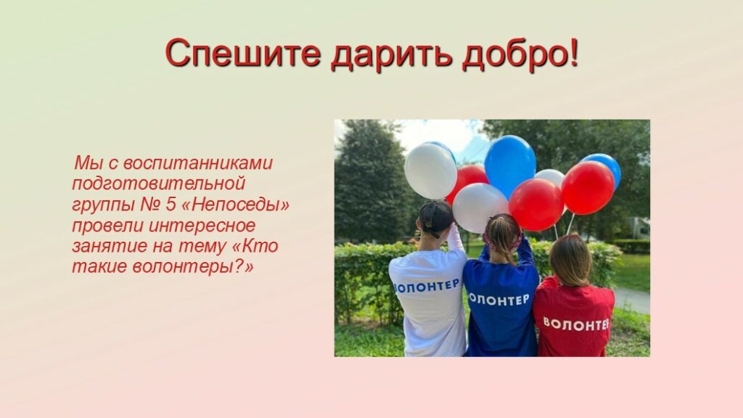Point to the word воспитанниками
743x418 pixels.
click(x=198, y=163)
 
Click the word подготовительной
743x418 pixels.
click(x=158, y=184)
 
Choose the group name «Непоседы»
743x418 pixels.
click(x=236, y=205)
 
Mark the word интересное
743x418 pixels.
click(x=202, y=225)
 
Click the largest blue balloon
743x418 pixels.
click(x=510, y=163)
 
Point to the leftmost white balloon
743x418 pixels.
click(x=430, y=170)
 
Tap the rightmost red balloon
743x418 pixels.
click(x=588, y=188)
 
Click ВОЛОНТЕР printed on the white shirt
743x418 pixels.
click(x=427, y=285)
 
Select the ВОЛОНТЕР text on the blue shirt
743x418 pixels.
click(x=499, y=299)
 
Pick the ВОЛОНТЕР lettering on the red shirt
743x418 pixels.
click(x=575, y=324)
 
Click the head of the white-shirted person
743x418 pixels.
click(x=435, y=218)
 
